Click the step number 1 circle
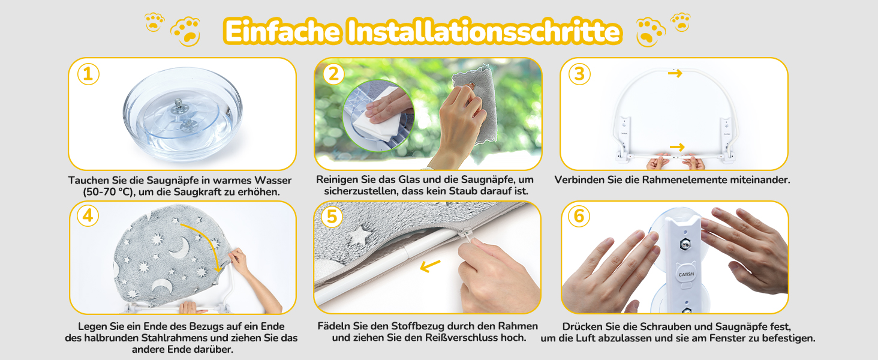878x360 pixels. pos(88,74)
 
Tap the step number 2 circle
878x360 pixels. pos(333,74)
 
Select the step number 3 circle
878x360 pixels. pos(579,74)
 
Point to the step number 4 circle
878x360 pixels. pos(88,215)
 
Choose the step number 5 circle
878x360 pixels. pos(332,217)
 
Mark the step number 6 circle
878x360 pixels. pos(579,216)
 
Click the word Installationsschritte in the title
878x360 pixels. pos(485,31)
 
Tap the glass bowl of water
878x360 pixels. pos(183,114)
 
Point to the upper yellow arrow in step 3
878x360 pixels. pos(675,73)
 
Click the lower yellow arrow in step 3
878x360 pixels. pos(677,147)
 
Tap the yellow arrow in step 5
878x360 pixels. pos(430,266)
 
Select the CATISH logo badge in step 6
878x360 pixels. pos(686,274)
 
